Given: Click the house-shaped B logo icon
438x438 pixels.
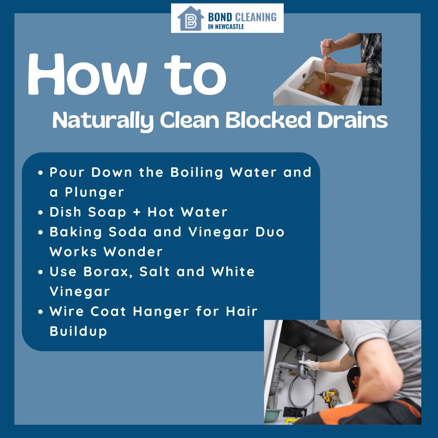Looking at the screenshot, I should coord(190,18).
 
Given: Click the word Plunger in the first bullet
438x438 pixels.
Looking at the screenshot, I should coord(94,192).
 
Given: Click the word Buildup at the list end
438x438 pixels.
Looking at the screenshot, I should coord(78,331).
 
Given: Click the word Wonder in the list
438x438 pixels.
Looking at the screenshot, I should coord(133,251).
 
